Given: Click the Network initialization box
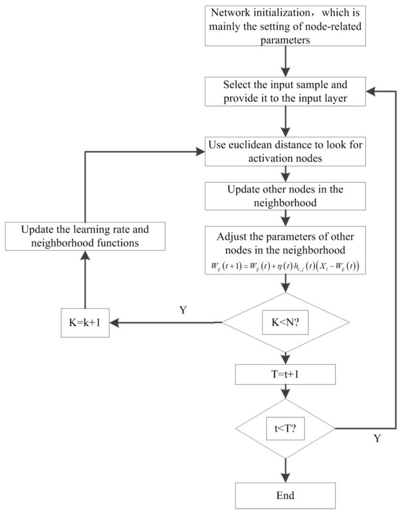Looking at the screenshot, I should pyautogui.click(x=285, y=25).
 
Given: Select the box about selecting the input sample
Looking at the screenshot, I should pyautogui.click(x=285, y=92).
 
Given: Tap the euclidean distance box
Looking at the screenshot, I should pyautogui.click(x=285, y=151).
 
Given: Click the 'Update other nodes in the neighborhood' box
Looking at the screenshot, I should pyautogui.click(x=285, y=196).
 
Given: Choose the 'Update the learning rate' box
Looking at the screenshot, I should pyautogui.click(x=85, y=236).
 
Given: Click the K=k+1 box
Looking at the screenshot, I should pyautogui.click(x=85, y=323).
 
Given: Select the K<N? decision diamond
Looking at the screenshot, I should pyautogui.click(x=285, y=323).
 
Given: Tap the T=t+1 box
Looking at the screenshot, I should pyautogui.click(x=285, y=375).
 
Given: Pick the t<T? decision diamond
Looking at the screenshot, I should pyautogui.click(x=285, y=428).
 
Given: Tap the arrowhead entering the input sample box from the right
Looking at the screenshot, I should pyautogui.click(x=371, y=92).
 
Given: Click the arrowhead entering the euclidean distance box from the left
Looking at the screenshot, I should pyautogui.click(x=200, y=151).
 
